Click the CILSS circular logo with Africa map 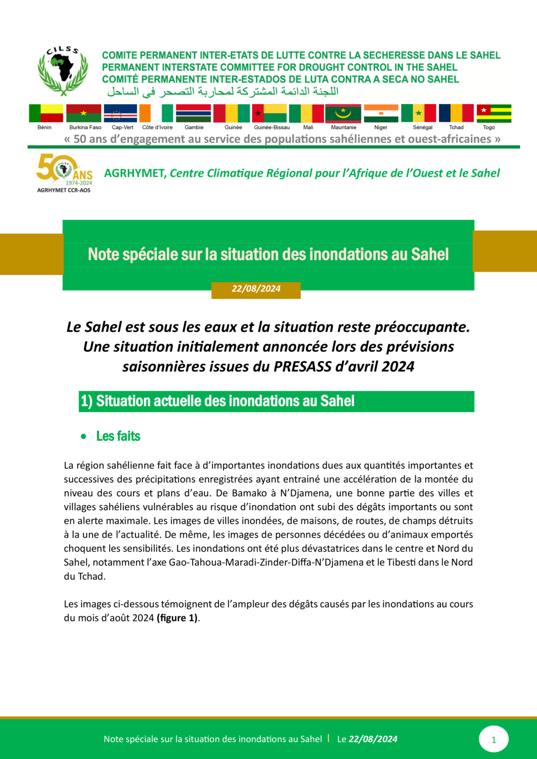click(x=63, y=70)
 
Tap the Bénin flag click(x=46, y=113)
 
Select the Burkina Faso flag click(x=84, y=113)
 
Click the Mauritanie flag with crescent click(x=343, y=113)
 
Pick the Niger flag click(x=381, y=113)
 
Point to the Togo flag click(x=493, y=113)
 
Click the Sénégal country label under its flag click(x=422, y=127)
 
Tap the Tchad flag click(x=456, y=113)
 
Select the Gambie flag click(x=193, y=113)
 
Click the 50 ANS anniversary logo click(x=64, y=172)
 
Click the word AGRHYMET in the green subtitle click(x=134, y=173)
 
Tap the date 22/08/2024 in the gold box click(x=256, y=289)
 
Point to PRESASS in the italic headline click(x=302, y=367)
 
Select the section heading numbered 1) click(x=218, y=401)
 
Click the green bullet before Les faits click(x=84, y=436)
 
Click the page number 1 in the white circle click(x=493, y=740)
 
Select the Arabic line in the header click(x=223, y=92)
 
